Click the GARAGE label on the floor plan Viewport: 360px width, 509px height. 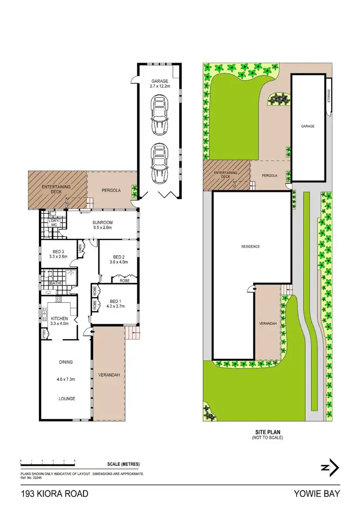pos(159,81)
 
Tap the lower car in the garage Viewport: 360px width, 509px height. pos(159,163)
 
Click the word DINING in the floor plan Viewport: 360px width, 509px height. pos(66,362)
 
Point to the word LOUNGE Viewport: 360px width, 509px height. pos(66,399)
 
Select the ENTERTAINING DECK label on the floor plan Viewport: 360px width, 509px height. pos(56,189)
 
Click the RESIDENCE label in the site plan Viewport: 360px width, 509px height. pos(250,247)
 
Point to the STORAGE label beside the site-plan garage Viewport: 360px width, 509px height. pos(329,96)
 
